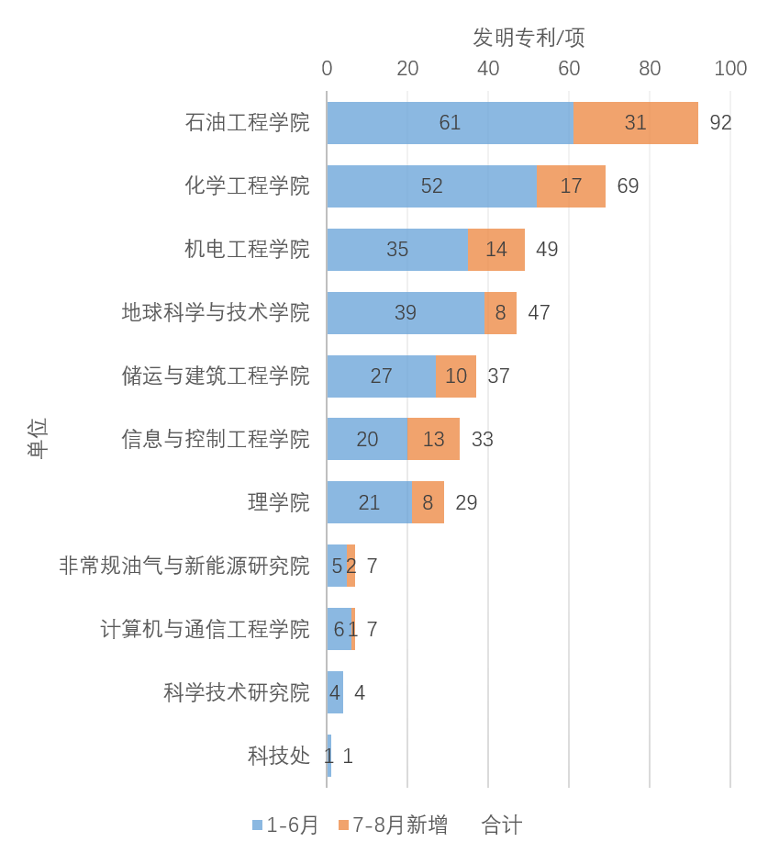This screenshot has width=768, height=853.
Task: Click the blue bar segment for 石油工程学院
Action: [450, 123]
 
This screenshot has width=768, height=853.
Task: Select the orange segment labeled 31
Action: [636, 123]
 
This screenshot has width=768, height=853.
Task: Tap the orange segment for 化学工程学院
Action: [571, 186]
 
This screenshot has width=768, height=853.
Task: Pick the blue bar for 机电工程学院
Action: [396, 250]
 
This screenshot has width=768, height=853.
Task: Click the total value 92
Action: [720, 123]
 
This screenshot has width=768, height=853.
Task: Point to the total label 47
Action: [539, 313]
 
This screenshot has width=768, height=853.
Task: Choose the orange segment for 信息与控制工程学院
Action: [433, 440]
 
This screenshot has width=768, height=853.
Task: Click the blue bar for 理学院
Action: [369, 503]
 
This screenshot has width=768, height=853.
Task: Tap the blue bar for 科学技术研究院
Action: [335, 693]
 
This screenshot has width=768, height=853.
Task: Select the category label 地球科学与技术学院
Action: [216, 312]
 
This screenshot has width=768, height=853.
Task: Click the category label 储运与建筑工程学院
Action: [216, 376]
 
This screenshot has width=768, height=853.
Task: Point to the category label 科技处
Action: [279, 756]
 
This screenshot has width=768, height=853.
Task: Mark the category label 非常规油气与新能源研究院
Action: [184, 566]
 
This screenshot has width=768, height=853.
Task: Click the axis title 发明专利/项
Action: [529, 38]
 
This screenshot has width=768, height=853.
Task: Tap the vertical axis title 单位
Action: [38, 438]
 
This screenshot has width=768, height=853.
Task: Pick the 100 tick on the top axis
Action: [730, 69]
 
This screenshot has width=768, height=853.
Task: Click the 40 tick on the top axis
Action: [488, 69]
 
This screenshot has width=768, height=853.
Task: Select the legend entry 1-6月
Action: [285, 825]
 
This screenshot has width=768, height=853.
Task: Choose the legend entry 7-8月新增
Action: [394, 825]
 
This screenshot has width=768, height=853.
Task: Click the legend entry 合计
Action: [502, 825]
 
